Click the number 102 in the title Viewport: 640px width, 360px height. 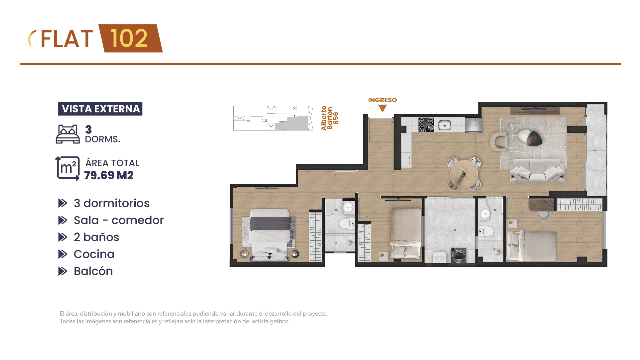(129, 38)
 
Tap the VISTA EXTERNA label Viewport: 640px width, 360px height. (100, 109)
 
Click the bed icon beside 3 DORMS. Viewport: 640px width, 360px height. (68, 134)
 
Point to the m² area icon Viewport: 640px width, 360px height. (68, 168)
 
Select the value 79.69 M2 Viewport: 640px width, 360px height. (109, 175)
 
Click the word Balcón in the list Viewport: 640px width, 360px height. (93, 271)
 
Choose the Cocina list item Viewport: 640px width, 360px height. (94, 254)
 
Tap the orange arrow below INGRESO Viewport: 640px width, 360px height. (382, 108)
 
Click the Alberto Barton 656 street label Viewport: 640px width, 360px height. (330, 118)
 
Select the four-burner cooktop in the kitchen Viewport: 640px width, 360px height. (426, 125)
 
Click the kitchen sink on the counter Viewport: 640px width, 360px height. (444, 125)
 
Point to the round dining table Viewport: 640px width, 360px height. (464, 174)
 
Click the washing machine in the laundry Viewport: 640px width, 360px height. (459, 255)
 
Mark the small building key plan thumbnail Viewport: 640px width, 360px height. (273, 118)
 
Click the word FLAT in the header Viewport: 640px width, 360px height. (67, 39)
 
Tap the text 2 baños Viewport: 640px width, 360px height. (96, 237)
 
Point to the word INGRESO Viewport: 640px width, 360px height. (382, 100)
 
